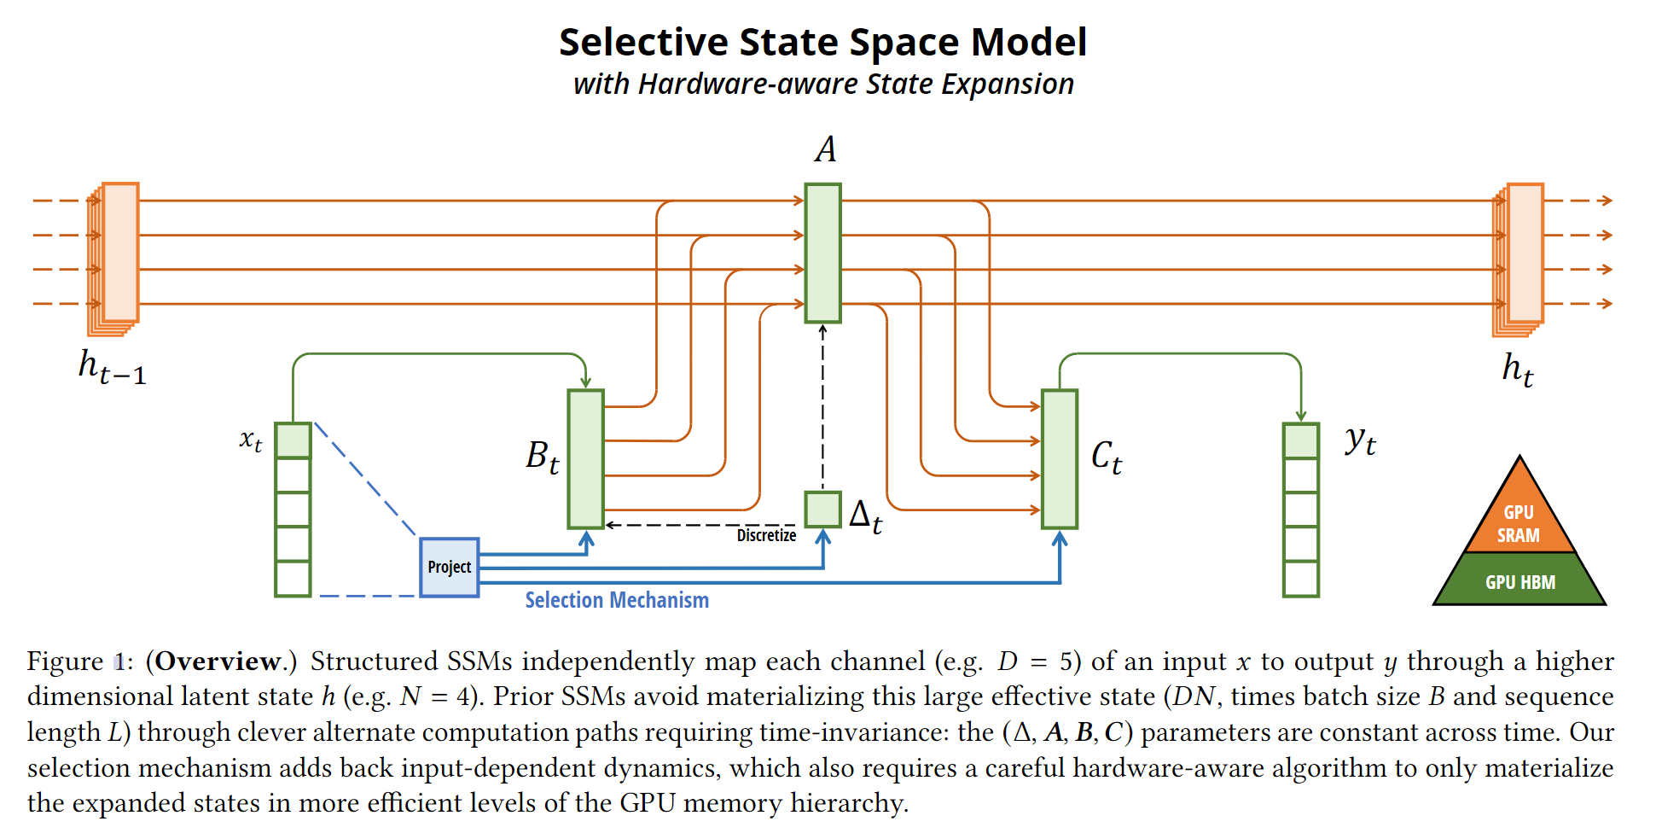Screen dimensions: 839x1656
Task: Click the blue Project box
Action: tap(450, 568)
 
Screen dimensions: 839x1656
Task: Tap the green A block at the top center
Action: tap(822, 253)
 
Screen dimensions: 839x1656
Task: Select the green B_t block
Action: tap(586, 459)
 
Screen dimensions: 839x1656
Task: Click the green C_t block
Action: tap(1060, 459)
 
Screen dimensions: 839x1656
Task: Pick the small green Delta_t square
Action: tap(822, 510)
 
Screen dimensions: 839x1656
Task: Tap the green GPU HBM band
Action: tap(1519, 581)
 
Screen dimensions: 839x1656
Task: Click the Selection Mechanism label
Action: tap(617, 600)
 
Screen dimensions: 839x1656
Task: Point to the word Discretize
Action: tap(766, 535)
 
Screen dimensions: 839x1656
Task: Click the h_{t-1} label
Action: tap(112, 367)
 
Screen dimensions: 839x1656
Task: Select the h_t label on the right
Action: tap(1518, 369)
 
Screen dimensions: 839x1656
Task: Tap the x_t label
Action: tap(250, 440)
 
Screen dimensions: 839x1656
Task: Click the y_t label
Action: tap(1360, 441)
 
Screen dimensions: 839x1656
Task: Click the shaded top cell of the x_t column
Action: tap(293, 440)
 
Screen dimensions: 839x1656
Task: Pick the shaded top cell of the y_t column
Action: tap(1301, 440)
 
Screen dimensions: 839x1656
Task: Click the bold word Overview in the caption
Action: tap(218, 661)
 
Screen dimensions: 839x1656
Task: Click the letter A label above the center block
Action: tap(825, 149)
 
